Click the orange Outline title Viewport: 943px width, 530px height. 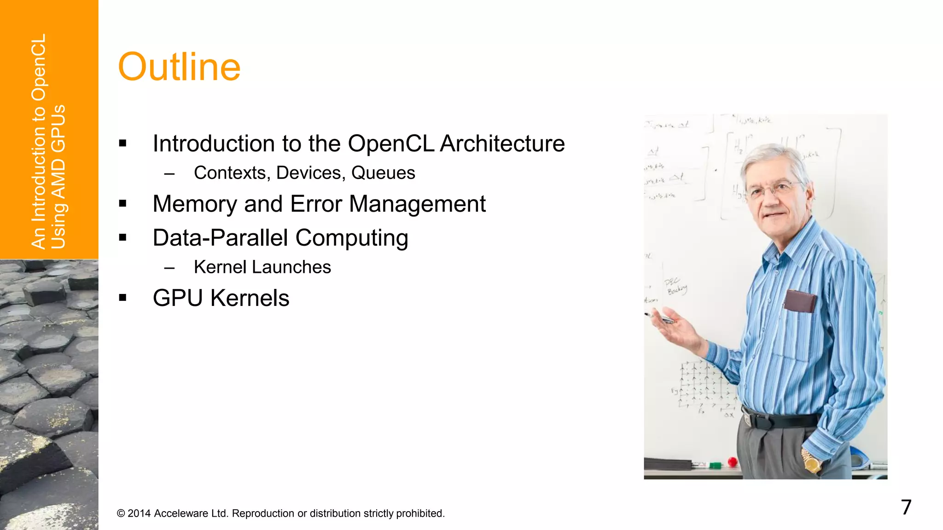coord(179,67)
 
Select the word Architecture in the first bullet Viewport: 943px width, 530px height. coord(502,144)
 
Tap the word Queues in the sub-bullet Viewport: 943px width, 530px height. coord(383,173)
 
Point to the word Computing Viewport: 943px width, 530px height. coord(352,238)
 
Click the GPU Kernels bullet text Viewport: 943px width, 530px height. coord(221,298)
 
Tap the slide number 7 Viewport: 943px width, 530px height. coord(906,507)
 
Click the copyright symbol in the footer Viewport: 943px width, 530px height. coord(121,513)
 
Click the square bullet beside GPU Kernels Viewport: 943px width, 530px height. coord(122,298)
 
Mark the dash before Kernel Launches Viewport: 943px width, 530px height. coord(169,268)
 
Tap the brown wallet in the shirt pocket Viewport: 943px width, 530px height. coord(800,301)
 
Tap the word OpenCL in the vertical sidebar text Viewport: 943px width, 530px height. coord(39,67)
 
